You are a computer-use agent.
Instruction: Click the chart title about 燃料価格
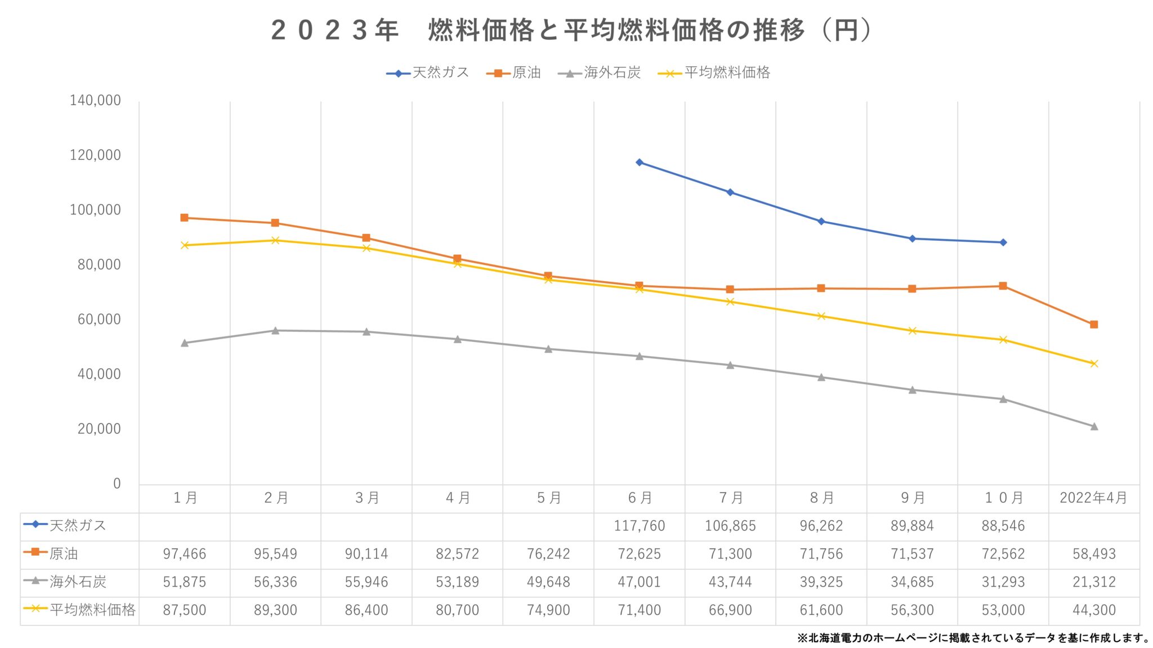pyautogui.click(x=571, y=30)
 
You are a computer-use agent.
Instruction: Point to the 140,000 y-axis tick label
pyautogui.click(x=95, y=101)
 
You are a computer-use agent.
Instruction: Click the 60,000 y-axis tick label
pyautogui.click(x=99, y=319)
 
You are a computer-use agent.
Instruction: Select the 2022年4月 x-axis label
pyautogui.click(x=1093, y=498)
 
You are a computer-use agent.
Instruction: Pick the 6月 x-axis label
pyautogui.click(x=640, y=498)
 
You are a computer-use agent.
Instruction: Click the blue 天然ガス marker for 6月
pyautogui.click(x=640, y=163)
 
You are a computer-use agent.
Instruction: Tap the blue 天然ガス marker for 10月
pyautogui.click(x=1003, y=242)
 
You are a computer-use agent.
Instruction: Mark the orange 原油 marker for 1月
pyautogui.click(x=184, y=218)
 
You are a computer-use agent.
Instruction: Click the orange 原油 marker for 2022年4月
pyautogui.click(x=1094, y=325)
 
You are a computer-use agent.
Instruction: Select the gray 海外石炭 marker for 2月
pyautogui.click(x=275, y=331)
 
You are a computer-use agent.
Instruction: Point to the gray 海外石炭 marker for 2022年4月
pyautogui.click(x=1094, y=426)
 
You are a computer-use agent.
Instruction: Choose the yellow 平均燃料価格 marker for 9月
pyautogui.click(x=912, y=331)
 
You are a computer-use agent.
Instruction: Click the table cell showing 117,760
pyautogui.click(x=640, y=526)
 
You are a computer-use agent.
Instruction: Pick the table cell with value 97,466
pyautogui.click(x=184, y=554)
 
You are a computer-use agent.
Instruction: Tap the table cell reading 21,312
pyautogui.click(x=1094, y=582)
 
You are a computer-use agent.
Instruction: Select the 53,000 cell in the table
pyautogui.click(x=1003, y=610)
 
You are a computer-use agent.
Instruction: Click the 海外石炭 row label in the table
pyautogui.click(x=78, y=582)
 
